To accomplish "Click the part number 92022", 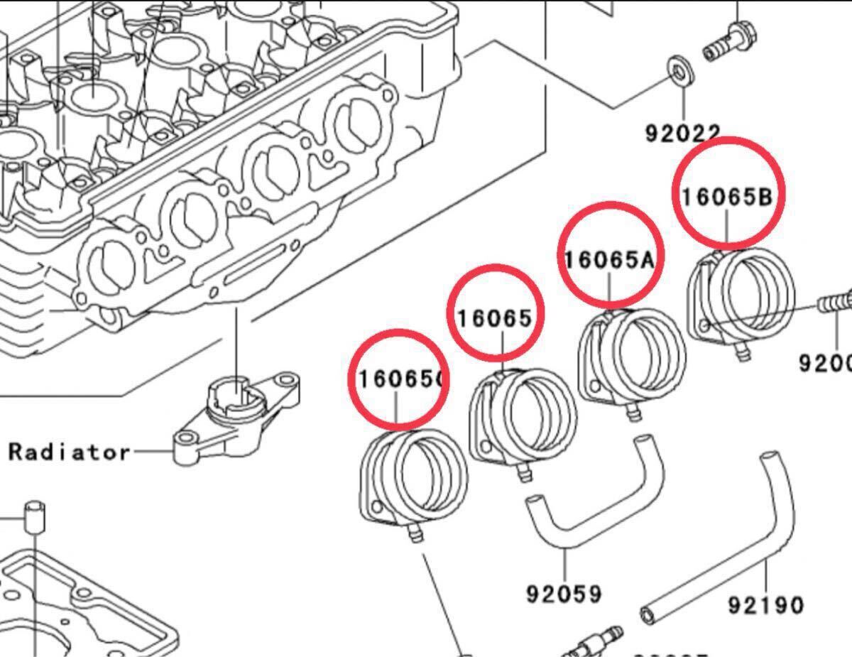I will (682, 132).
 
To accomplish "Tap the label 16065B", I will (726, 197).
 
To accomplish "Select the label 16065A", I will (609, 260).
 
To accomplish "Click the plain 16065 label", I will (494, 318).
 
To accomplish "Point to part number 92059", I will (564, 593).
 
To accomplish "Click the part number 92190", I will (766, 605).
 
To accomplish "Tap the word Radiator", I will (70, 452).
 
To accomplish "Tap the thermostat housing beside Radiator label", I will (234, 419).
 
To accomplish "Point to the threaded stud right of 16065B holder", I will (834, 302).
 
